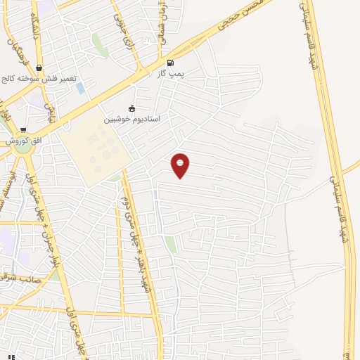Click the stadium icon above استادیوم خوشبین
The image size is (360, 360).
click(x=131, y=108)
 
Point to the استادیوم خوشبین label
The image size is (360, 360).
click(x=132, y=119)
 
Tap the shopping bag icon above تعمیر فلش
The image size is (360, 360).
click(x=39, y=68)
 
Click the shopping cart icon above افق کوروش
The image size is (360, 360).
click(x=23, y=130)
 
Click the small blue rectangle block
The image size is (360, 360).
click(x=80, y=89)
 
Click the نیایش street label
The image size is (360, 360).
click(x=50, y=110)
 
